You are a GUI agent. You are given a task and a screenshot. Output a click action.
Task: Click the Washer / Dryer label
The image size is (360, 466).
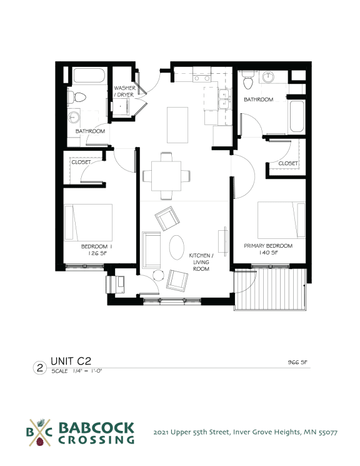point(124,91)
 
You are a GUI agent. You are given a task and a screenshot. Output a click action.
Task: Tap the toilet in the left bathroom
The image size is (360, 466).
point(77,97)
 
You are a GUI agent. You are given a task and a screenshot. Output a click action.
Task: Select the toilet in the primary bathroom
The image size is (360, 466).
point(247,80)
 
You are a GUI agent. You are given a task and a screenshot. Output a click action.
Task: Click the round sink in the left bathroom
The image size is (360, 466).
point(74,117)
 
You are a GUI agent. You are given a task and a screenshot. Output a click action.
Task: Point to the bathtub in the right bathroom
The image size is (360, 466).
point(297,116)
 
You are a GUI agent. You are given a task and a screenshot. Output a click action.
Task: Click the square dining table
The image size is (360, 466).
point(166,176)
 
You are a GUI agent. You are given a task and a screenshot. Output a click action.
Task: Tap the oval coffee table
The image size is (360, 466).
point(177,247)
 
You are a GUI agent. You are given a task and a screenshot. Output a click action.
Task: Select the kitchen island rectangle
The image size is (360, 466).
point(177,125)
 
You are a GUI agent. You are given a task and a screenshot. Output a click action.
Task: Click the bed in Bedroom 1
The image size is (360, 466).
point(88,222)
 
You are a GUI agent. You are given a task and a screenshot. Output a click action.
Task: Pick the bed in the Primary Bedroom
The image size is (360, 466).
point(281,220)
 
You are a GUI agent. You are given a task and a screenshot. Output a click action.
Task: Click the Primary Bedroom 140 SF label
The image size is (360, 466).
point(268,249)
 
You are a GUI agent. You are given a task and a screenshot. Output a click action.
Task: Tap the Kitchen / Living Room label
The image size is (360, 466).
point(201,262)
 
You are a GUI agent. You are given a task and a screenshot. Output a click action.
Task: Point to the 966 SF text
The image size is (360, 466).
point(297,362)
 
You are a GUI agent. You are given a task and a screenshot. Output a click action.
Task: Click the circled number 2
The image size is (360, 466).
point(40,368)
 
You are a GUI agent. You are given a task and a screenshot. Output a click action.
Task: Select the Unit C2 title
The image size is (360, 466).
point(71,361)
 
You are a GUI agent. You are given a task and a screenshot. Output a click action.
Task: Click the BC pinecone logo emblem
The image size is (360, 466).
point(39,433)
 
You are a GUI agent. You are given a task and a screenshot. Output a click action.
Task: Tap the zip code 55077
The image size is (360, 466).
point(328,432)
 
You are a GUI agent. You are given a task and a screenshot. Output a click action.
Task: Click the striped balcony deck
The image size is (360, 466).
point(270,289)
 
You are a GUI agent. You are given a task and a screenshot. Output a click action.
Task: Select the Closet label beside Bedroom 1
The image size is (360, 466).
point(81,162)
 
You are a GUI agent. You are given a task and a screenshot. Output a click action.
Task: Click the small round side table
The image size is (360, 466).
point(158,275)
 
